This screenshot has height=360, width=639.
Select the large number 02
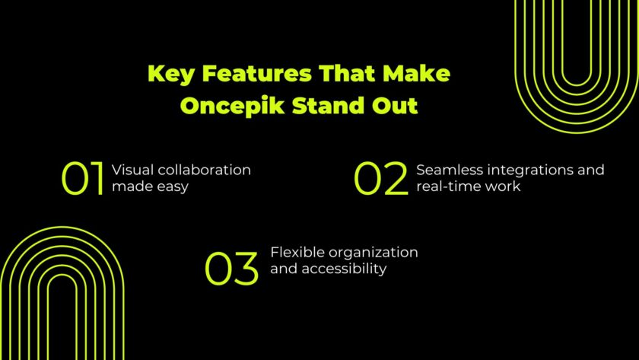381,180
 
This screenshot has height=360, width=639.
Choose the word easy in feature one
173,187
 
